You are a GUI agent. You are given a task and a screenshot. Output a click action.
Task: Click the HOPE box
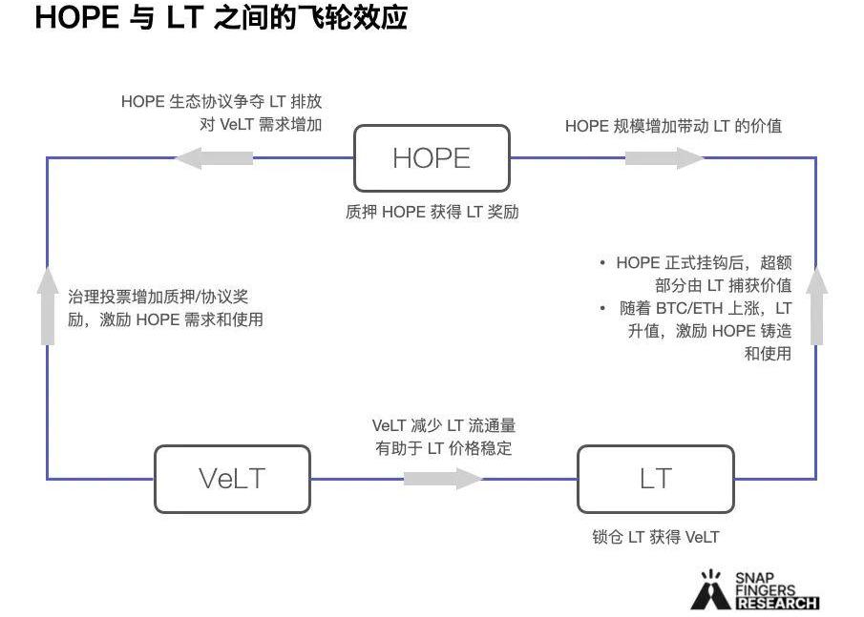point(432,157)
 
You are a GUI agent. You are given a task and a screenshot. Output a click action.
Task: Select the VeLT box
point(232,478)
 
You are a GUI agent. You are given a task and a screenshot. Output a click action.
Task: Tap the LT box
point(656,478)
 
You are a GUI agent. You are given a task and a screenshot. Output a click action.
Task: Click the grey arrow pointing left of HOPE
point(215,157)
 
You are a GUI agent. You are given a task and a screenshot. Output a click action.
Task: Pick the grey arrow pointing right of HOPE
point(664,157)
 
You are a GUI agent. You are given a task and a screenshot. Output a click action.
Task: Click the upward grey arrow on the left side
point(48,305)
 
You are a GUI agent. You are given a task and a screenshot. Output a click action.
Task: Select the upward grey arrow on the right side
point(816,305)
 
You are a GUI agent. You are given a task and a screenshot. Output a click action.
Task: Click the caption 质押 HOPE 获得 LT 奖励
point(432,212)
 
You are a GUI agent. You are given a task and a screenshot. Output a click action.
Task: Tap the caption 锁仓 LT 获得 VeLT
point(655,537)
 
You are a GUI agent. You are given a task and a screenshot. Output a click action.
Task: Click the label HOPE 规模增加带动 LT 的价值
point(673,126)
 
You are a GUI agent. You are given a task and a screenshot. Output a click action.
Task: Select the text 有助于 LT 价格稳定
point(443,447)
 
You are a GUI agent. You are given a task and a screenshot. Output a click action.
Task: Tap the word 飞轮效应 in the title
point(354,18)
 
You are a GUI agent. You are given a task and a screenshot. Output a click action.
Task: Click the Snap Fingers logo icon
point(709,590)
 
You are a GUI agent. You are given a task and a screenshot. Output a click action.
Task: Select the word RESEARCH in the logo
point(777,603)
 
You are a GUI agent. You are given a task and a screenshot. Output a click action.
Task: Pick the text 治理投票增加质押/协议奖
point(158,297)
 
